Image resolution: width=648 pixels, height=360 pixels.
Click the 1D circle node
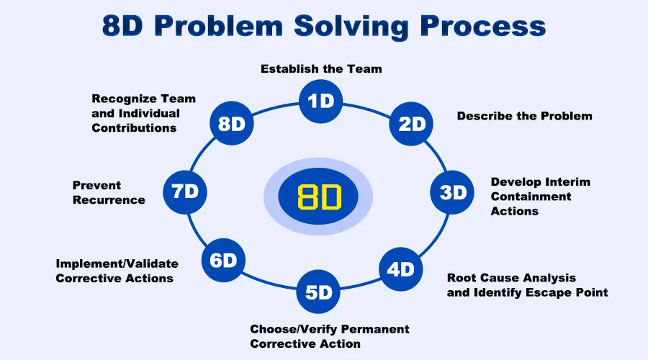click(320, 101)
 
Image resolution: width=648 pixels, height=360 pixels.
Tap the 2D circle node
click(411, 124)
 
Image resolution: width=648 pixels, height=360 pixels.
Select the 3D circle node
click(452, 192)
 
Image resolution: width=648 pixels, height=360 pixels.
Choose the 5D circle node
click(318, 292)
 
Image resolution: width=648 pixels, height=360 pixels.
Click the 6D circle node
click(223, 260)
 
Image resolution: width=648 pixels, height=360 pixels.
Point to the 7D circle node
click(185, 191)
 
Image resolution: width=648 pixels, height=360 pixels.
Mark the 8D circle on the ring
click(231, 124)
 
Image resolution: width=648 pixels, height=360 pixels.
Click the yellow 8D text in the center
click(318, 196)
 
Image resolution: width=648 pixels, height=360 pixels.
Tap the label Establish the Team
click(321, 69)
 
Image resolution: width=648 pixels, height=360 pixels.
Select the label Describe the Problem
click(524, 115)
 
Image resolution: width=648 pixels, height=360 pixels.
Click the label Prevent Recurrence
click(109, 192)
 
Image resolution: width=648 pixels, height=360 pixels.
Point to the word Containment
click(531, 197)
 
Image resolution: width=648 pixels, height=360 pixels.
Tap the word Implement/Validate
click(117, 264)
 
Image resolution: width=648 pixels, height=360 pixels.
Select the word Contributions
click(134, 127)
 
